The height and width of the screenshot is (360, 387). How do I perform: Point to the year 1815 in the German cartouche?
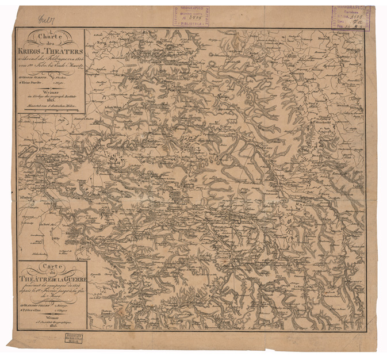pyautogui.click(x=50, y=98)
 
